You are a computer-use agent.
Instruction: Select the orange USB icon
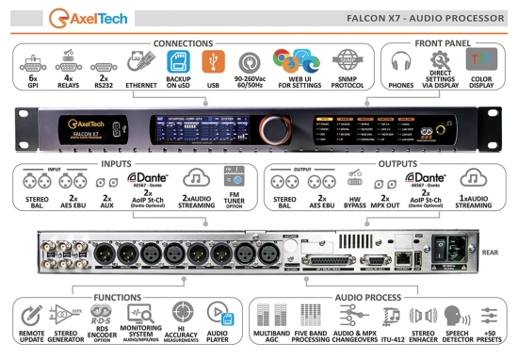tap(214, 59)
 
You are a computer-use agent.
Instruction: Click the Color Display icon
tap(481, 59)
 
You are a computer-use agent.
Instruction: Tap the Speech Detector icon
tap(457, 315)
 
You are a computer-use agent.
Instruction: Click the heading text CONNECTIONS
tap(183, 43)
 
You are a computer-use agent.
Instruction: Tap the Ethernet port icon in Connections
tap(141, 59)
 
